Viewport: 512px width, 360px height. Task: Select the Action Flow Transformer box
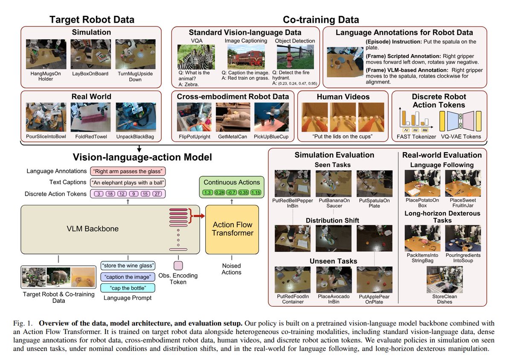(x=232, y=229)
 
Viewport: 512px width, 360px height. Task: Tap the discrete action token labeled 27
(x=157, y=194)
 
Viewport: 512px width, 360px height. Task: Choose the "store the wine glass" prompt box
(x=128, y=266)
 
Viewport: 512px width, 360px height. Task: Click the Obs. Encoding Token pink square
(x=178, y=265)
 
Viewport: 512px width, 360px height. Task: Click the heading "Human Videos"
(x=343, y=97)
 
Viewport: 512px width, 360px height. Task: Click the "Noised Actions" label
(x=232, y=269)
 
